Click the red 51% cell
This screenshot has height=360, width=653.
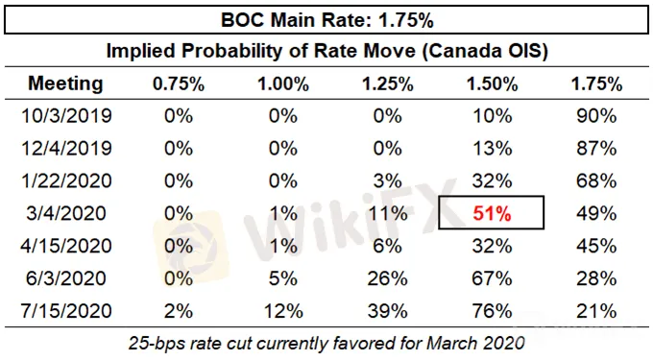tap(492, 213)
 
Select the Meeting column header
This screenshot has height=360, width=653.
tap(65, 84)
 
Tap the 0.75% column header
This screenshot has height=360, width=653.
tap(179, 84)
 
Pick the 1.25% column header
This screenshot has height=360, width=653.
tap(388, 84)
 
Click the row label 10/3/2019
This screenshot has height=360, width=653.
tap(66, 116)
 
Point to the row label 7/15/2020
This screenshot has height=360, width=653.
tap(66, 311)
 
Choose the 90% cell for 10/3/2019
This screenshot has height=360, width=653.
tap(596, 116)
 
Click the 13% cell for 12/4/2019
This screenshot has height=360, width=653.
tap(492, 148)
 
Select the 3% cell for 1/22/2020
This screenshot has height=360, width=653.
tap(388, 181)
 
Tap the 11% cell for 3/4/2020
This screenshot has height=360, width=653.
tap(388, 213)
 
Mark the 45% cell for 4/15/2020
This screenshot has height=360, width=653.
tap(596, 246)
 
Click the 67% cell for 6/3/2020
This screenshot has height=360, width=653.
tap(492, 278)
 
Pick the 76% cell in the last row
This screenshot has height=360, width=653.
tap(492, 311)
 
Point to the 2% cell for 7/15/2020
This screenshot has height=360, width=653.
tap(179, 311)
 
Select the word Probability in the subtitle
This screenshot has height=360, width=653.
tap(242, 51)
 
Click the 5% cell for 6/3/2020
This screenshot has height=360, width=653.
tap(283, 278)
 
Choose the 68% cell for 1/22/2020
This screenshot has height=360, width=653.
tap(596, 181)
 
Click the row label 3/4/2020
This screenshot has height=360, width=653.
tap(66, 213)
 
